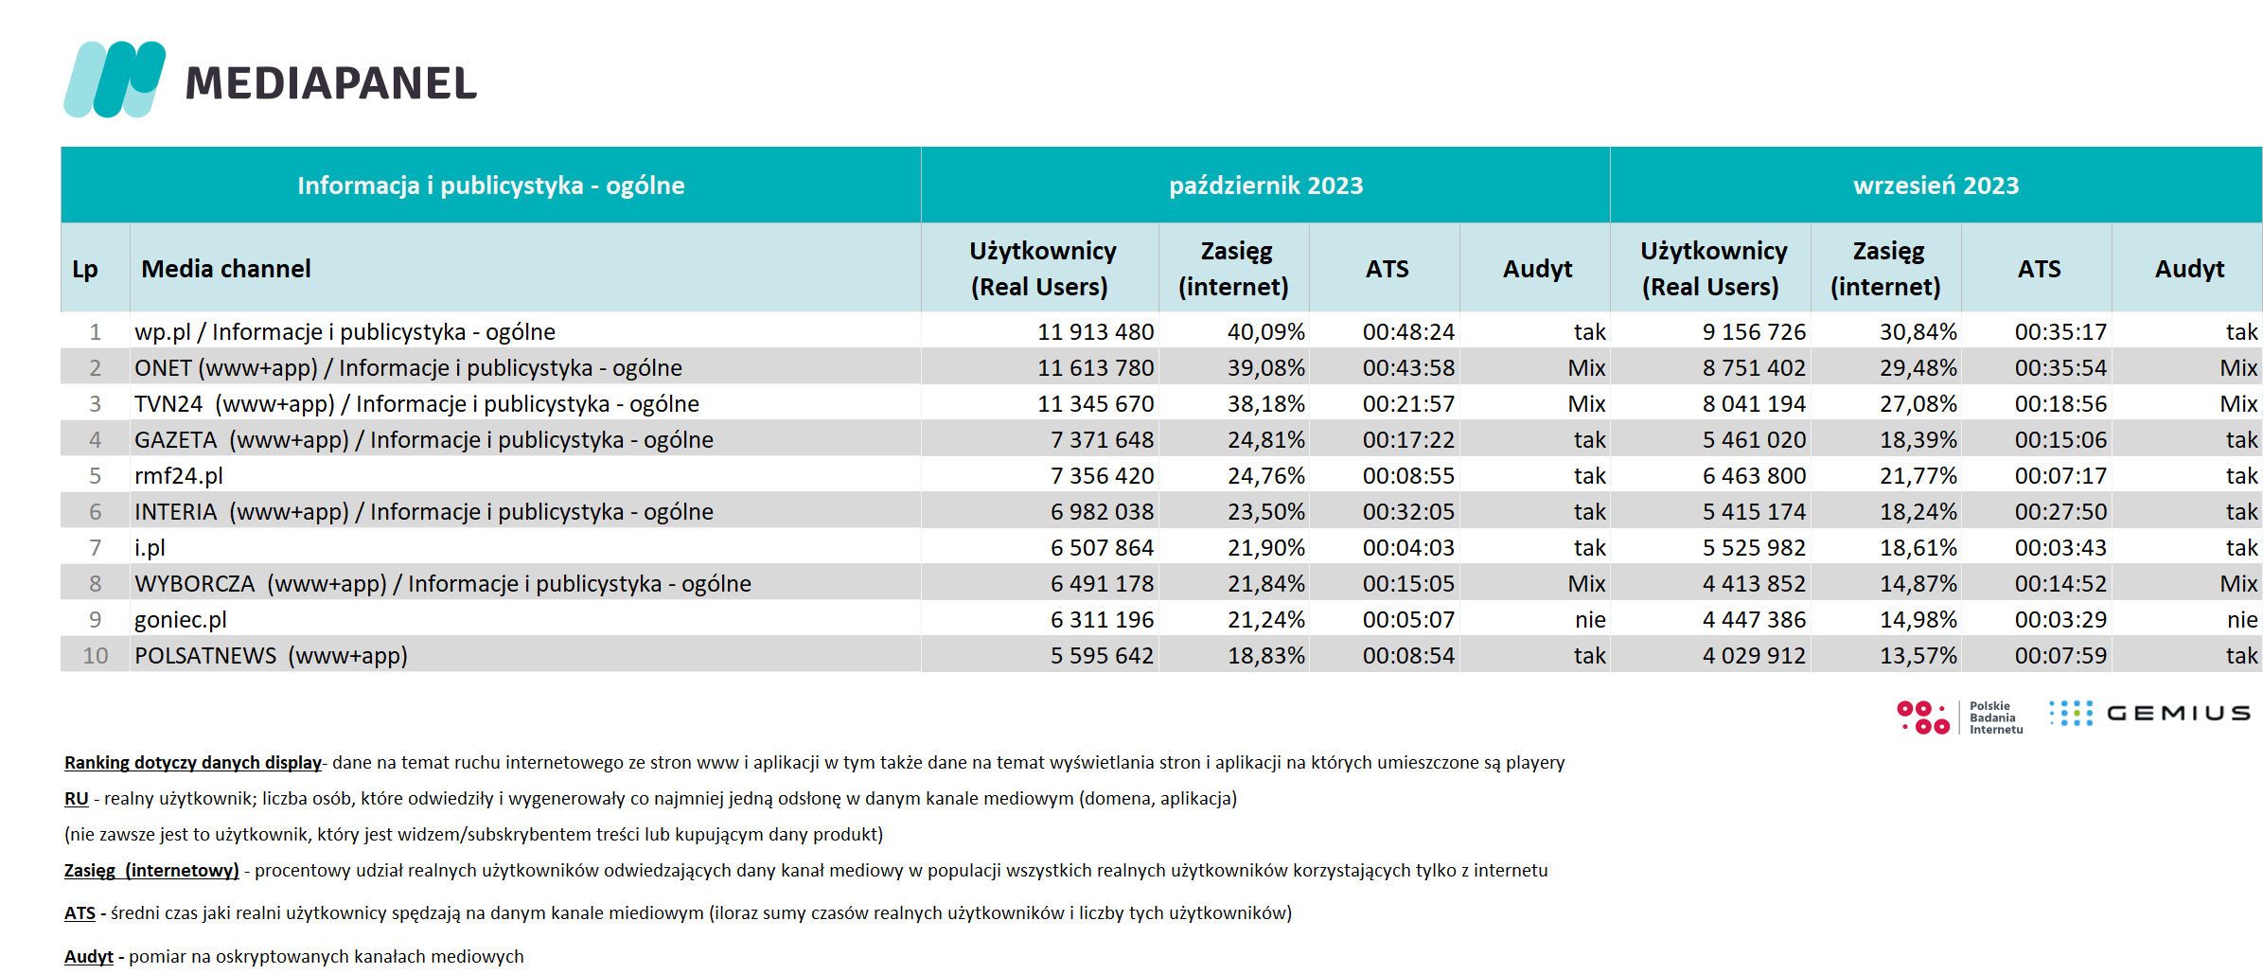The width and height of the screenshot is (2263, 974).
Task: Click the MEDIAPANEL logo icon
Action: click(115, 80)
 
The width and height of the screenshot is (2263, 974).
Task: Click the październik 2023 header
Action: click(1265, 186)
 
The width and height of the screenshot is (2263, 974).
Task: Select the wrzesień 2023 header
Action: click(1936, 186)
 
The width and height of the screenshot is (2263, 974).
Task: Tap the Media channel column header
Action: click(226, 269)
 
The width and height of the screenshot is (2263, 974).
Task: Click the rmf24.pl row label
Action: click(179, 476)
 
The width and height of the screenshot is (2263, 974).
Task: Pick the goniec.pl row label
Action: click(181, 620)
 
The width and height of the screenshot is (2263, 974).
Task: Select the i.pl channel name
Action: click(150, 548)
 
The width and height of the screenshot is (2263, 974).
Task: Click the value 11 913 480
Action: click(1095, 332)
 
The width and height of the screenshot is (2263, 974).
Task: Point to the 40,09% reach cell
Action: click(1265, 332)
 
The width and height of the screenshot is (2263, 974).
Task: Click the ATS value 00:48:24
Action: click(1408, 332)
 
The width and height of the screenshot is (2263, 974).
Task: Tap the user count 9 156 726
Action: click(1754, 332)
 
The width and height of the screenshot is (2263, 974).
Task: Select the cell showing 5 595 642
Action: click(1102, 656)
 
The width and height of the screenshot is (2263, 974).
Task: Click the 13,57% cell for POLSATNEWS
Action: click(1918, 656)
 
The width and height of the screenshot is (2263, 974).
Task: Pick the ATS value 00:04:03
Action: click(1408, 548)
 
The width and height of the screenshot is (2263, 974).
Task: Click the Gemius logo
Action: click(2149, 714)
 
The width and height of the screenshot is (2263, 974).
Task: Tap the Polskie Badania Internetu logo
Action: click(1960, 717)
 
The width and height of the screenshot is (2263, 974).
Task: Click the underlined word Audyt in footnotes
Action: click(89, 957)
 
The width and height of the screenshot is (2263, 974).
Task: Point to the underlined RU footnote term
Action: click(77, 799)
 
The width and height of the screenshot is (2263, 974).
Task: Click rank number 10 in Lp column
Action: click(96, 656)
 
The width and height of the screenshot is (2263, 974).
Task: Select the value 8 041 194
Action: click(1754, 404)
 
